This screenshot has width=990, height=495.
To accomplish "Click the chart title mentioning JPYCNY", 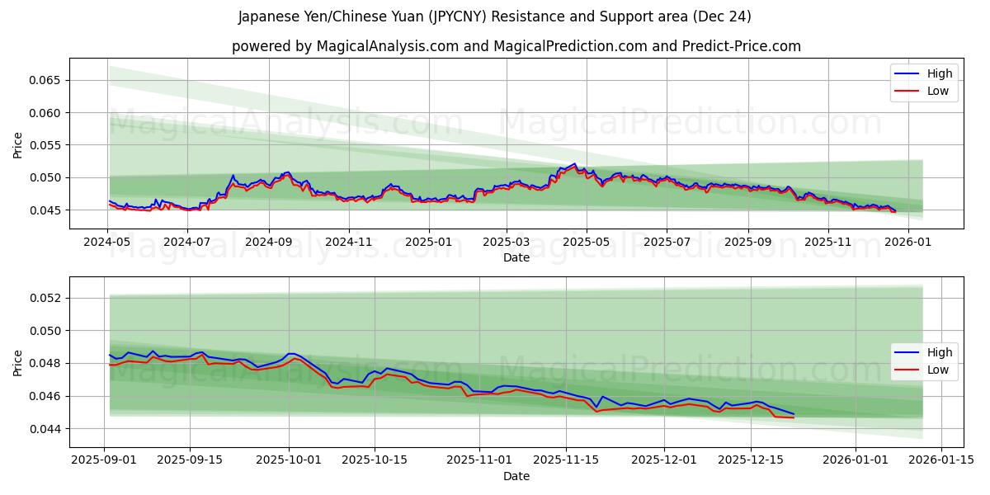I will pos(494,16).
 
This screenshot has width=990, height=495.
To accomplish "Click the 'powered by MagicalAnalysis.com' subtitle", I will pos(516,46).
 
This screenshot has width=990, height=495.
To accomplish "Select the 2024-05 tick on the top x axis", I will pos(108,243).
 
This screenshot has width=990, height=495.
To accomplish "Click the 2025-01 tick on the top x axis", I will pos(428,243).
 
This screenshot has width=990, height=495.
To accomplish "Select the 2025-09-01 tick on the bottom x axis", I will pos(104,460).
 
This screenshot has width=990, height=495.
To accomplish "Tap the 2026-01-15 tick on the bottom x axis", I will pos(940,460).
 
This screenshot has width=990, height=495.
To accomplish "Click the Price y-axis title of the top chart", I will pos(18,144).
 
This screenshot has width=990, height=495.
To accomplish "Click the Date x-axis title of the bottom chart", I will pos(516,476).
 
